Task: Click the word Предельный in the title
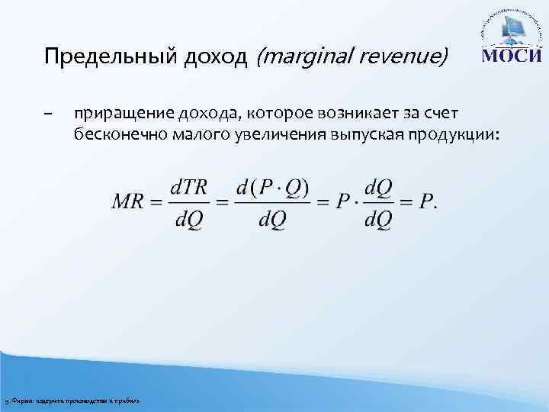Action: pos(94,57)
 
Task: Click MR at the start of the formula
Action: pos(128,201)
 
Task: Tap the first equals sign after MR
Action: pos(156,202)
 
